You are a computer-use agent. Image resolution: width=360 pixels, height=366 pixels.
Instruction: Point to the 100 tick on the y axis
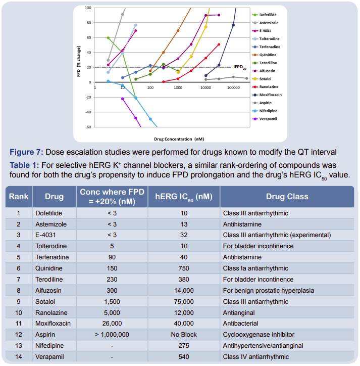click(x=88, y=8)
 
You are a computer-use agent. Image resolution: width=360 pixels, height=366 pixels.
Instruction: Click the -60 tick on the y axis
click(x=88, y=127)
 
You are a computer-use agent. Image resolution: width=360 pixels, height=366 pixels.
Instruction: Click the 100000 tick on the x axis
click(x=233, y=87)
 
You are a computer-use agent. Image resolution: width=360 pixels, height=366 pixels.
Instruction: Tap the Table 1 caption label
click(x=25, y=165)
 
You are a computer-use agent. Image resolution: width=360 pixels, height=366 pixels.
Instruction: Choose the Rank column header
click(x=19, y=197)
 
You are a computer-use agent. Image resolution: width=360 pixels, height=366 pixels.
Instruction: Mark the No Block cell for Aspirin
click(x=184, y=335)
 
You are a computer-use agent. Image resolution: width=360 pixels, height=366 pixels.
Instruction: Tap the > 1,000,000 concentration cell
click(x=112, y=335)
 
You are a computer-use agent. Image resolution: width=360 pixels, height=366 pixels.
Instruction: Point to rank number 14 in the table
click(x=19, y=357)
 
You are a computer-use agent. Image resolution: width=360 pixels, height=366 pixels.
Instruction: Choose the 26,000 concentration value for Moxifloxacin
click(x=112, y=323)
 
